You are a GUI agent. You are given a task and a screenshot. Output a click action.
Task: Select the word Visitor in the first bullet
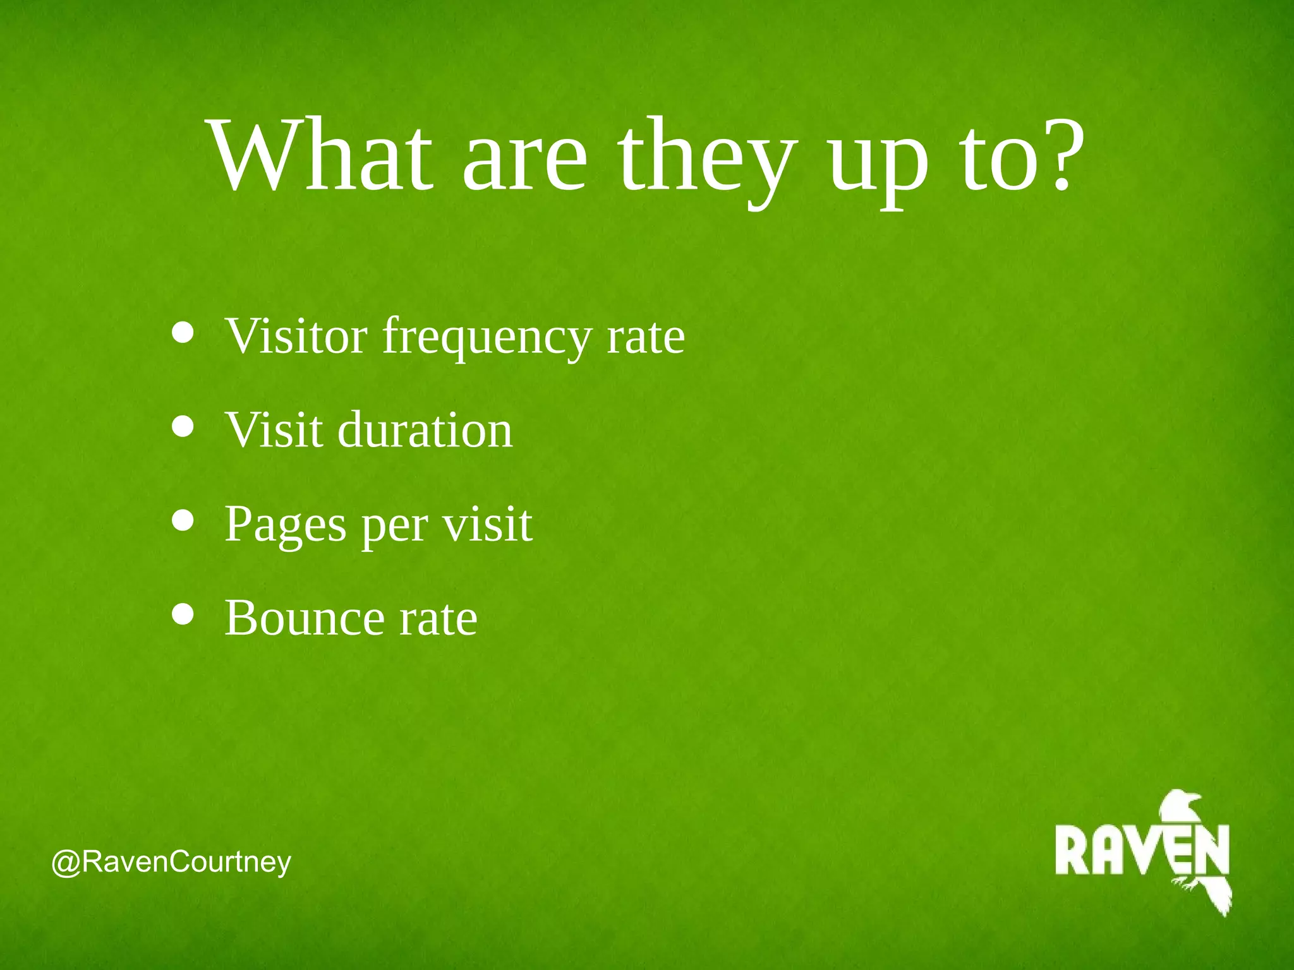296,336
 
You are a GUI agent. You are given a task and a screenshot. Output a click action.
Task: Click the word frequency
487,338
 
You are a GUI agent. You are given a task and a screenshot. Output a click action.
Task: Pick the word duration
425,430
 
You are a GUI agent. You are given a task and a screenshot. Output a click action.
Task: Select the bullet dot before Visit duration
183,426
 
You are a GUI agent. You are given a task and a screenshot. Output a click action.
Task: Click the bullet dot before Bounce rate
183,614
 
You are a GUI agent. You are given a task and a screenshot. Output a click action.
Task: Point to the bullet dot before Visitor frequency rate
183,332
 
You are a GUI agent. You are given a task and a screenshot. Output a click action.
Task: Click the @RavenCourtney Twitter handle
171,862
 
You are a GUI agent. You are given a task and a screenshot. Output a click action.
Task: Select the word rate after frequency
645,338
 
